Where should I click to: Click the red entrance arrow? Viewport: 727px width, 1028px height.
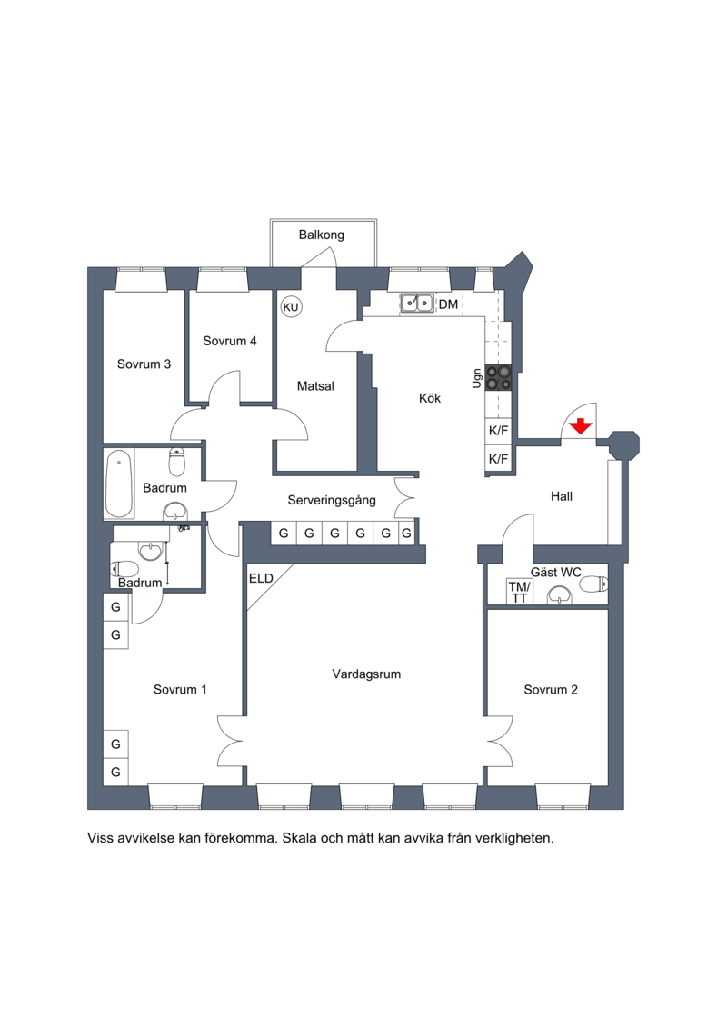click(x=581, y=426)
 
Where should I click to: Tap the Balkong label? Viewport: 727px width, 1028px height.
click(x=321, y=235)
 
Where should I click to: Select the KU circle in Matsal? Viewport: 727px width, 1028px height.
click(x=291, y=307)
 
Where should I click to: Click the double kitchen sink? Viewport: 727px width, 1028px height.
click(x=417, y=303)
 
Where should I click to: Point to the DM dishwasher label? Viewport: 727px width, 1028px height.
click(x=448, y=304)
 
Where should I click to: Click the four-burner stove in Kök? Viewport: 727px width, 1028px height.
click(x=498, y=377)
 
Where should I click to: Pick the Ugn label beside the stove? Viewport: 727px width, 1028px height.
click(x=477, y=377)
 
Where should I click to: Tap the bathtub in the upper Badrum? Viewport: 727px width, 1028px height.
click(x=119, y=484)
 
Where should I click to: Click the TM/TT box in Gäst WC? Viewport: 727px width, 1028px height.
click(x=519, y=593)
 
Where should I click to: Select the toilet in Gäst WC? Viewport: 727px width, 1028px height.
click(x=594, y=584)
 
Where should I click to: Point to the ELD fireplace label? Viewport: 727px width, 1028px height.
click(x=261, y=578)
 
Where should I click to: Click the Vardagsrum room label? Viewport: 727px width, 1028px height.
click(x=366, y=674)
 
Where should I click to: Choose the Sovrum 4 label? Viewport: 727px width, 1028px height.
click(x=229, y=341)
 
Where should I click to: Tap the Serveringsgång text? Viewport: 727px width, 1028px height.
click(x=332, y=500)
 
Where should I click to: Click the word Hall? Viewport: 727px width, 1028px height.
click(x=561, y=496)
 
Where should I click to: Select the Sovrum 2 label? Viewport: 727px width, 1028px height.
click(x=551, y=690)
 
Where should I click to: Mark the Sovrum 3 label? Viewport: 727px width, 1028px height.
click(x=144, y=364)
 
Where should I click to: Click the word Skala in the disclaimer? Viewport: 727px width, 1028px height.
click(x=300, y=838)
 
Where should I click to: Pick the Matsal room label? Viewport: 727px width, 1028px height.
click(x=315, y=386)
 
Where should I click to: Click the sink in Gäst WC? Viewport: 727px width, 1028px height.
click(x=559, y=594)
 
